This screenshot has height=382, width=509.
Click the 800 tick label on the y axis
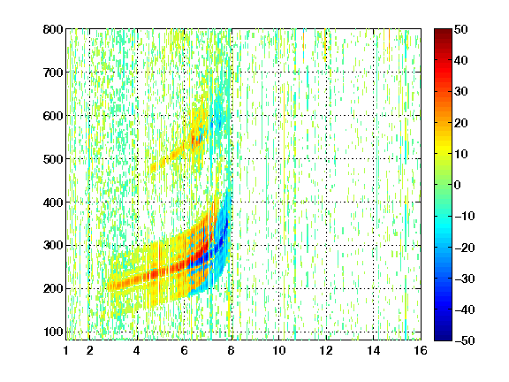[53, 29]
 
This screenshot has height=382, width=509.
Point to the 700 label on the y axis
[53, 73]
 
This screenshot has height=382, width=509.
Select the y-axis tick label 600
[53, 116]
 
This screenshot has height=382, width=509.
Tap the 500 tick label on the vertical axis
[53, 159]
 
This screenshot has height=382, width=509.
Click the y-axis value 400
[53, 202]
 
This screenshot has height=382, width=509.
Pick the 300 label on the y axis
[53, 246]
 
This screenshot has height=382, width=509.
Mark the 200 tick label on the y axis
[53, 289]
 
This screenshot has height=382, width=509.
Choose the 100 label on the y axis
[53, 332]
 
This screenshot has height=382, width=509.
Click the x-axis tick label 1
[66, 350]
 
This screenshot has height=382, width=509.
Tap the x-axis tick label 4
[137, 350]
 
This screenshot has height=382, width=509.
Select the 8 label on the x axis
[232, 350]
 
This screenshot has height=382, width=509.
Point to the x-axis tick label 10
[278, 350]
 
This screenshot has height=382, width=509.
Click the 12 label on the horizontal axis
[326, 350]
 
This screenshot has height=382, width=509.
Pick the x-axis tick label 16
[421, 350]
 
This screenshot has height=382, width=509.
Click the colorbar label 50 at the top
[461, 29]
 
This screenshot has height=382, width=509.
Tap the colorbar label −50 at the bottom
[465, 340]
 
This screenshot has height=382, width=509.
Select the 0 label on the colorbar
[458, 185]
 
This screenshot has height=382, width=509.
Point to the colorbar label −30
[465, 279]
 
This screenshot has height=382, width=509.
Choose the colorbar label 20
[461, 123]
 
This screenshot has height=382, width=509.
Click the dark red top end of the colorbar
[443, 31]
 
